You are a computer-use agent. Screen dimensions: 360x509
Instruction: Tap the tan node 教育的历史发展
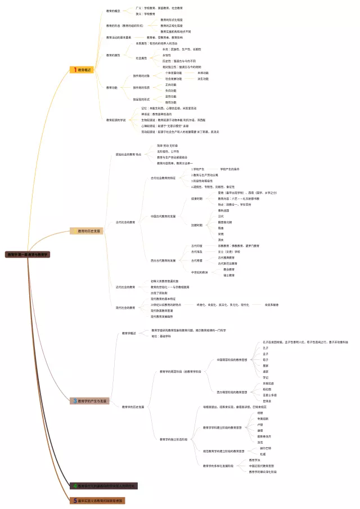pyautogui.click(x=87, y=231)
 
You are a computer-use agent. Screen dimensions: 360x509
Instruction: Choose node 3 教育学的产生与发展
pyautogui.click(x=90, y=401)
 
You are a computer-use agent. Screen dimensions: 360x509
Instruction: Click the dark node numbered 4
pyautogui.click(x=105, y=485)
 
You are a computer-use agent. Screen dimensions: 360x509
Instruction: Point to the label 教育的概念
pyautogui.click(x=114, y=11)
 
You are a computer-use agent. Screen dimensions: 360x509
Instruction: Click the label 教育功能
pyautogui.click(x=112, y=87)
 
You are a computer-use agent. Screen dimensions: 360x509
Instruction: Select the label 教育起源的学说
pyautogui.click(x=116, y=120)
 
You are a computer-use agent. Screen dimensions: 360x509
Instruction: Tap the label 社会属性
pyautogui.click(x=141, y=58)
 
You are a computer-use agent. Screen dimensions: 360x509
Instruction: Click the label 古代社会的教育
pyautogui.click(x=125, y=222)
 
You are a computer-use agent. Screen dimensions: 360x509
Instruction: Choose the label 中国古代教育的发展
pyautogui.click(x=163, y=216)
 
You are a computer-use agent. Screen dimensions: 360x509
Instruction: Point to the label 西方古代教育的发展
pyautogui.click(x=163, y=260)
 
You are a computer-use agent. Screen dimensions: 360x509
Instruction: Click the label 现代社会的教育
pyautogui.click(x=125, y=308)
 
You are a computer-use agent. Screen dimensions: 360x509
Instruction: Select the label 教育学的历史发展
pyautogui.click(x=133, y=406)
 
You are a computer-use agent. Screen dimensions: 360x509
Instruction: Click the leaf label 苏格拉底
pyautogui.click(x=269, y=383)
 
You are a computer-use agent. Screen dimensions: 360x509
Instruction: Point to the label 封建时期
pyautogui.click(x=196, y=225)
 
